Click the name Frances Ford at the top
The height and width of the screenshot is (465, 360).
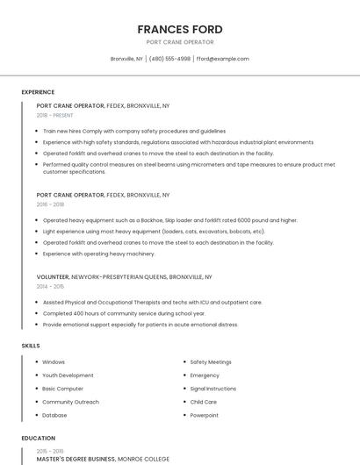click(180, 30)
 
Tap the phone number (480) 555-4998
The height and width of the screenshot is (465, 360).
click(169, 59)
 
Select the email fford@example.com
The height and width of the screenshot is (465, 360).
click(223, 59)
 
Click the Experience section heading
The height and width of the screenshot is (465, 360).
click(38, 92)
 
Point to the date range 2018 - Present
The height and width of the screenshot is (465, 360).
click(54, 115)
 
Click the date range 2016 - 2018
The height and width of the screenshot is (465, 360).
click(50, 204)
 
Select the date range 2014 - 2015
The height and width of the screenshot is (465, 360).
click(50, 286)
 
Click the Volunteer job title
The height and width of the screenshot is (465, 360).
click(53, 276)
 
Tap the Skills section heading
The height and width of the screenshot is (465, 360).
click(31, 346)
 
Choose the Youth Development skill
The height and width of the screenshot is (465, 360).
click(68, 376)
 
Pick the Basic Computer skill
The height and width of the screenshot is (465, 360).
click(62, 389)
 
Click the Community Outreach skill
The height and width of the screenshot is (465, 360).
click(70, 402)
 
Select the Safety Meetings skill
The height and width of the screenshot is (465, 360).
click(211, 361)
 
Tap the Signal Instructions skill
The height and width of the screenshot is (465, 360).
click(212, 389)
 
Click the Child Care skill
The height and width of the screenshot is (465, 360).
click(204, 402)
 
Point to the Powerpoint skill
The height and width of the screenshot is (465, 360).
click(204, 415)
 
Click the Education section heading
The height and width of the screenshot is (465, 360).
click(38, 438)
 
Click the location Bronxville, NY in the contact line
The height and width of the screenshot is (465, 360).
click(126, 59)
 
